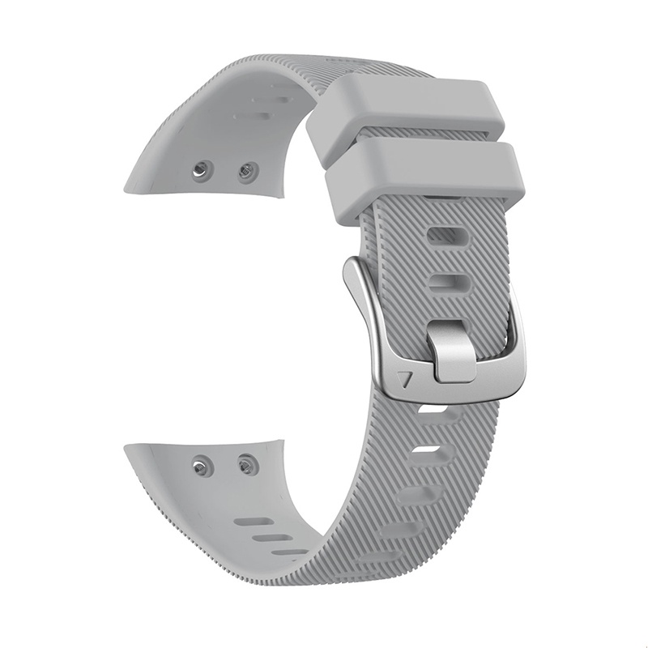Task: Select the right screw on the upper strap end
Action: [247, 172]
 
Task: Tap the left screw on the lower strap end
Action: [200, 465]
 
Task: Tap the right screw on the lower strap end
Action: [246, 464]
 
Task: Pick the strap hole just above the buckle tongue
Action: [450, 283]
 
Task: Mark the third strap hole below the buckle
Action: [415, 496]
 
